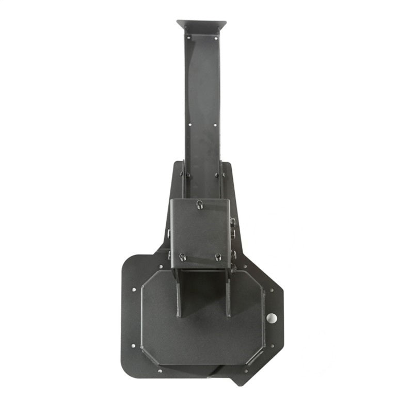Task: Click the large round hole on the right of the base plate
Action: (x=272, y=318)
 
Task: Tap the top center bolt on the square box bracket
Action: (x=199, y=204)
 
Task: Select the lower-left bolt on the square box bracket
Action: (x=182, y=257)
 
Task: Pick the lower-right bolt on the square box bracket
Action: (x=218, y=257)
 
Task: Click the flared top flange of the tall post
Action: (x=201, y=24)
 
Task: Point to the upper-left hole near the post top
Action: (x=188, y=37)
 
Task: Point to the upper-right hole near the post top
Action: (x=216, y=37)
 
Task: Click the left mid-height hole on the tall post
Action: (x=189, y=124)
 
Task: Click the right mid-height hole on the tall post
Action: (x=216, y=124)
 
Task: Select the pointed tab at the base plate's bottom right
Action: (x=238, y=380)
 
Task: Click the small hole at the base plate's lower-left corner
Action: (x=133, y=345)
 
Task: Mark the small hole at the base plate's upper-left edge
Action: (x=134, y=290)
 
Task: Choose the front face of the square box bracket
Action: (x=200, y=232)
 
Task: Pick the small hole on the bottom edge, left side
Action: (x=160, y=370)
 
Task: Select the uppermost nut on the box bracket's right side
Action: (x=232, y=223)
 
